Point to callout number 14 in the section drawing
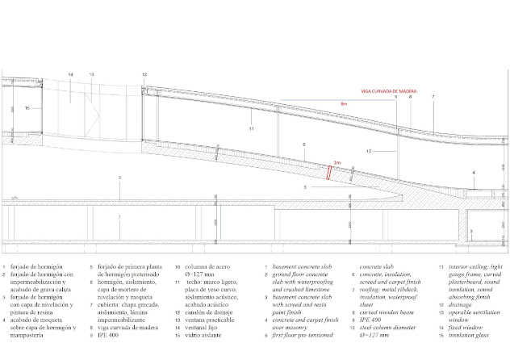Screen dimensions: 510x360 (x=70, y=75)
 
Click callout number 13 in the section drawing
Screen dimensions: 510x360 (x=91, y=75)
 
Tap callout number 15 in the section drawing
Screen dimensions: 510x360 (x=27, y=107)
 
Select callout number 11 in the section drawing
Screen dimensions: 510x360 (x=251, y=129)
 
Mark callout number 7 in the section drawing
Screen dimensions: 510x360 (x=433, y=97)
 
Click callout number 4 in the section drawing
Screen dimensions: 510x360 (x=474, y=173)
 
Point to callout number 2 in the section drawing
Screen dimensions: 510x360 (x=119, y=178)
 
